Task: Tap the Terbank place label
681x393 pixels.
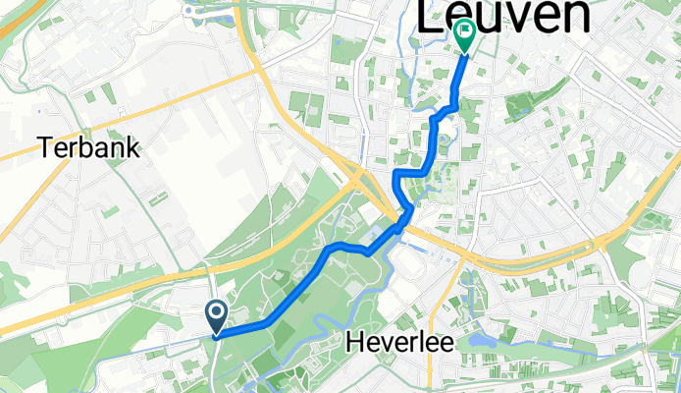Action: click(89, 149)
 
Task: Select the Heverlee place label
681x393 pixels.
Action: click(396, 343)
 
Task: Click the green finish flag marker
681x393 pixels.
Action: click(462, 36)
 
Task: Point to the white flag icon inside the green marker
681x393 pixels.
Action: click(462, 31)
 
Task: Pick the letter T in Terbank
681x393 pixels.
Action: click(46, 149)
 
